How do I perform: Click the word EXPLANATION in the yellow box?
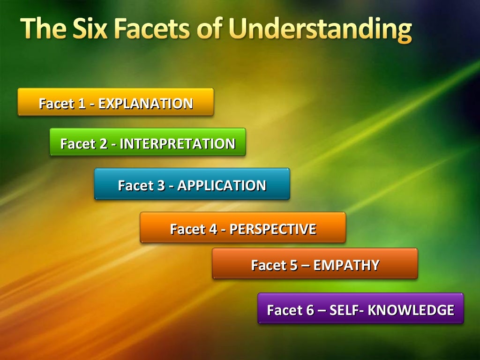coord(146,103)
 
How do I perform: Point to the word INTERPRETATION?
coord(178,143)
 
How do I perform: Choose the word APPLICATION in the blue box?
coord(222,185)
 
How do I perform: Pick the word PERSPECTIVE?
coord(273,229)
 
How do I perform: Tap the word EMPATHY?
coord(346,265)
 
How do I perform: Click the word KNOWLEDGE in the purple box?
coord(411,310)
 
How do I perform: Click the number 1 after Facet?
coord(82,103)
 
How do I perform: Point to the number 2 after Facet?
coord(104,143)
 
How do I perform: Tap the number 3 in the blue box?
coord(161,185)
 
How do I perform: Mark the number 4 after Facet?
coord(213,229)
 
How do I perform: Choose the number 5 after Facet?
coord(294,265)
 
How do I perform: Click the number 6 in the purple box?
coord(310,310)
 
